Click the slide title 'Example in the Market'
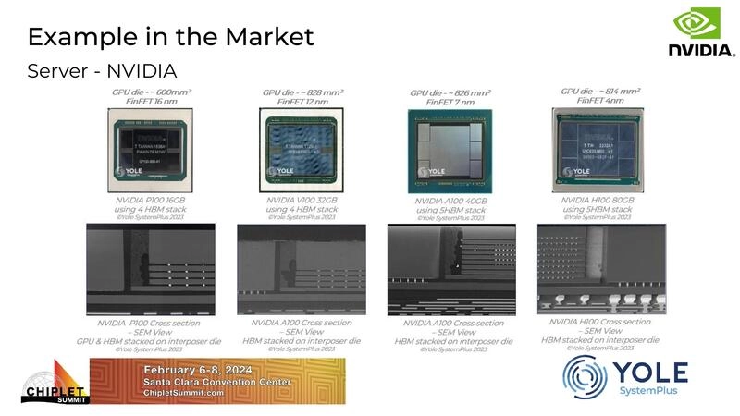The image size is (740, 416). point(170,37)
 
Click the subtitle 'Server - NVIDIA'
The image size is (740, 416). point(102,71)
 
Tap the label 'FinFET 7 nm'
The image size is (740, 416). point(450,104)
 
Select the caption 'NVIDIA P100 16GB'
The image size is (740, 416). point(150,199)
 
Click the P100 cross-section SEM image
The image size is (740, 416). point(149,268)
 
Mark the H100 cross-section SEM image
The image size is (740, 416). point(601,268)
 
